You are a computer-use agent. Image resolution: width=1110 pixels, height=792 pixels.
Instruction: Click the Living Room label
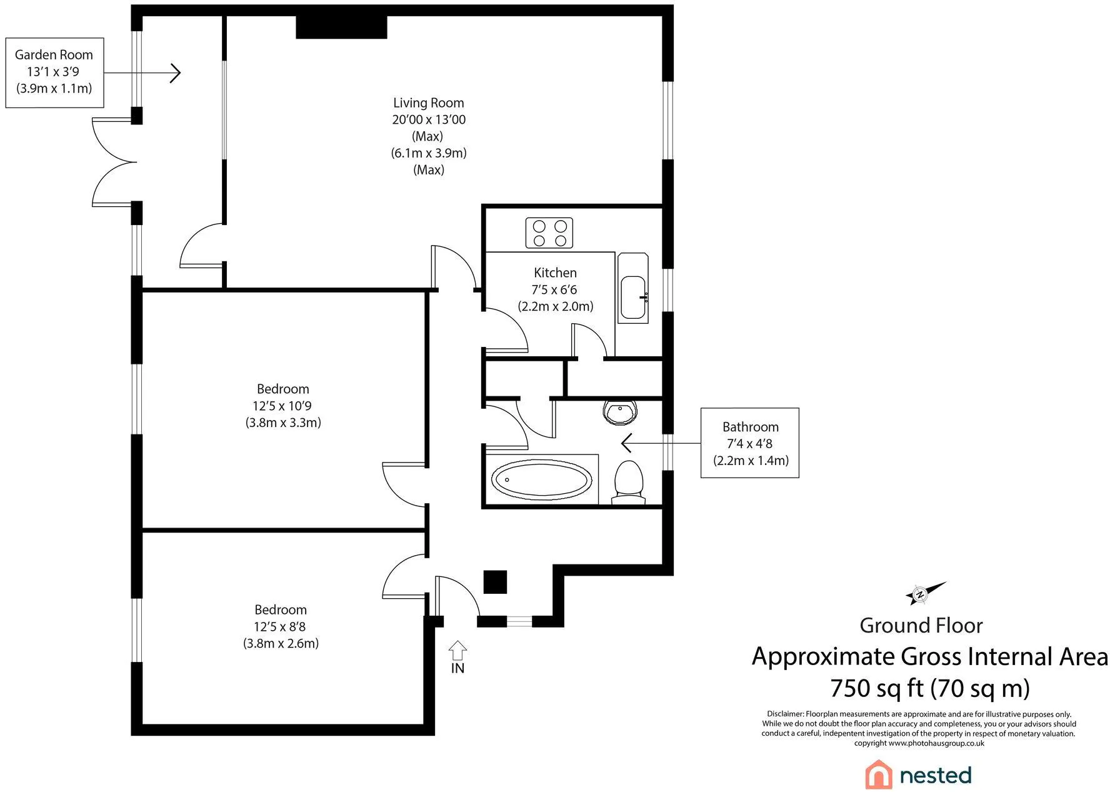(x=429, y=103)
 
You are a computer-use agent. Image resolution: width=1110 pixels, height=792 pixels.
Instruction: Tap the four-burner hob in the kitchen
(x=549, y=233)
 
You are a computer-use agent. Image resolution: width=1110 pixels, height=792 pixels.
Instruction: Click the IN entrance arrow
(x=457, y=651)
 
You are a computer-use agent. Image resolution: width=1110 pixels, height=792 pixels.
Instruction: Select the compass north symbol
(x=925, y=593)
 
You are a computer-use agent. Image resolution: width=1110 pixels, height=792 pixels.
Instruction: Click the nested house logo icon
(x=878, y=775)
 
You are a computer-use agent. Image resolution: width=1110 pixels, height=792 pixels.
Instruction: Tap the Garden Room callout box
(x=54, y=73)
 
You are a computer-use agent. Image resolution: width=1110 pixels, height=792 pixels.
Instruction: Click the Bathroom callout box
(x=750, y=443)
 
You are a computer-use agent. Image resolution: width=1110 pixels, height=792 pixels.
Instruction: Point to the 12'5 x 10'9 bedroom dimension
(x=282, y=406)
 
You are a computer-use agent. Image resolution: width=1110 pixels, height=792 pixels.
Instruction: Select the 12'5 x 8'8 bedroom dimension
(x=280, y=626)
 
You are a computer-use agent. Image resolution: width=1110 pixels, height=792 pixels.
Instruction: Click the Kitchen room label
(x=555, y=273)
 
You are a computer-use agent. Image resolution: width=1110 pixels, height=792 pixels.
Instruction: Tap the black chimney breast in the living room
(x=341, y=27)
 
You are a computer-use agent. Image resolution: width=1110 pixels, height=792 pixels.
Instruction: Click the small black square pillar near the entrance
(x=496, y=582)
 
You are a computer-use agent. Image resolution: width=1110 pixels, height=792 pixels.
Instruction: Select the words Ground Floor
(x=921, y=626)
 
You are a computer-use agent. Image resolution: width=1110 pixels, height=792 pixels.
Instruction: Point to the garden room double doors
(x=114, y=162)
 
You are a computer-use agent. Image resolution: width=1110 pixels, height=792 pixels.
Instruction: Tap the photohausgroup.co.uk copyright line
(x=919, y=743)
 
